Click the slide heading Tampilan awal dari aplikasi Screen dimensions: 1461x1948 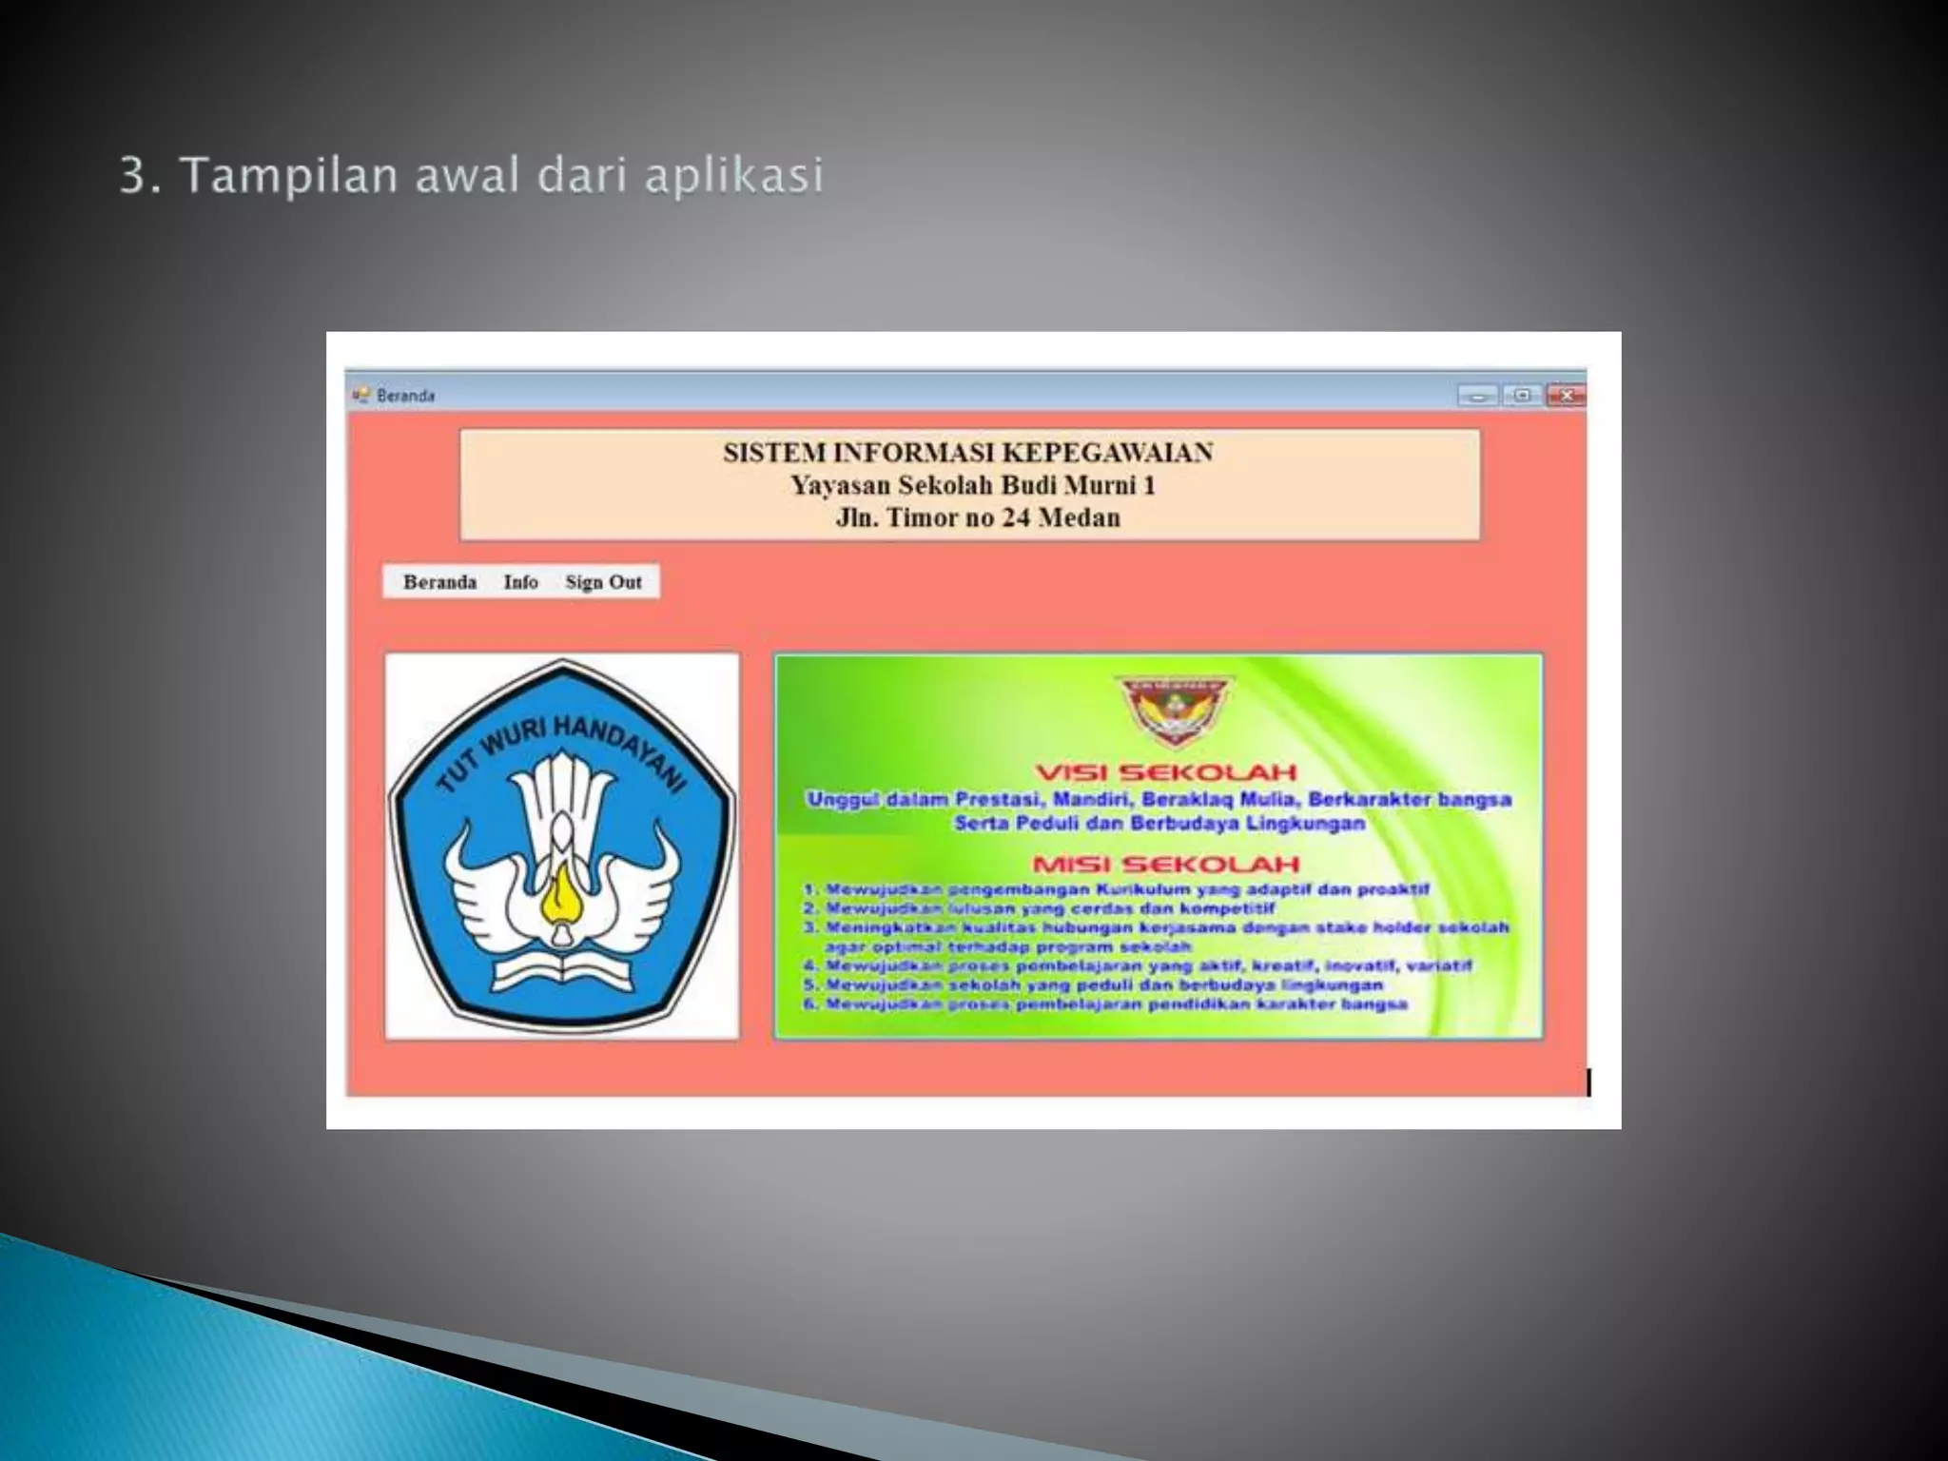pos(472,176)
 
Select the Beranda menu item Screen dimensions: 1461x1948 pos(439,582)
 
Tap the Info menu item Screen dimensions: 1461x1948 pos(520,582)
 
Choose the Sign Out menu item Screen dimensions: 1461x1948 pos(603,582)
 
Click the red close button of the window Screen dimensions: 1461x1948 pos(1566,396)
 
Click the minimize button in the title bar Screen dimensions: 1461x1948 pos(1477,396)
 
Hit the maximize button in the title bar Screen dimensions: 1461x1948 pos(1522,396)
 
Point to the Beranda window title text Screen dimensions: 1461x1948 pos(405,396)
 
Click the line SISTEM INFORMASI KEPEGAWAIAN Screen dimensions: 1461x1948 pos(967,453)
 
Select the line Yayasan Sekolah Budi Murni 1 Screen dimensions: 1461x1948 pos(972,486)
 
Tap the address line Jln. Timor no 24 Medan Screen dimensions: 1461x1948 pos(977,518)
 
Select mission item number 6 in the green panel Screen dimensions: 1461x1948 pos(1105,1004)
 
